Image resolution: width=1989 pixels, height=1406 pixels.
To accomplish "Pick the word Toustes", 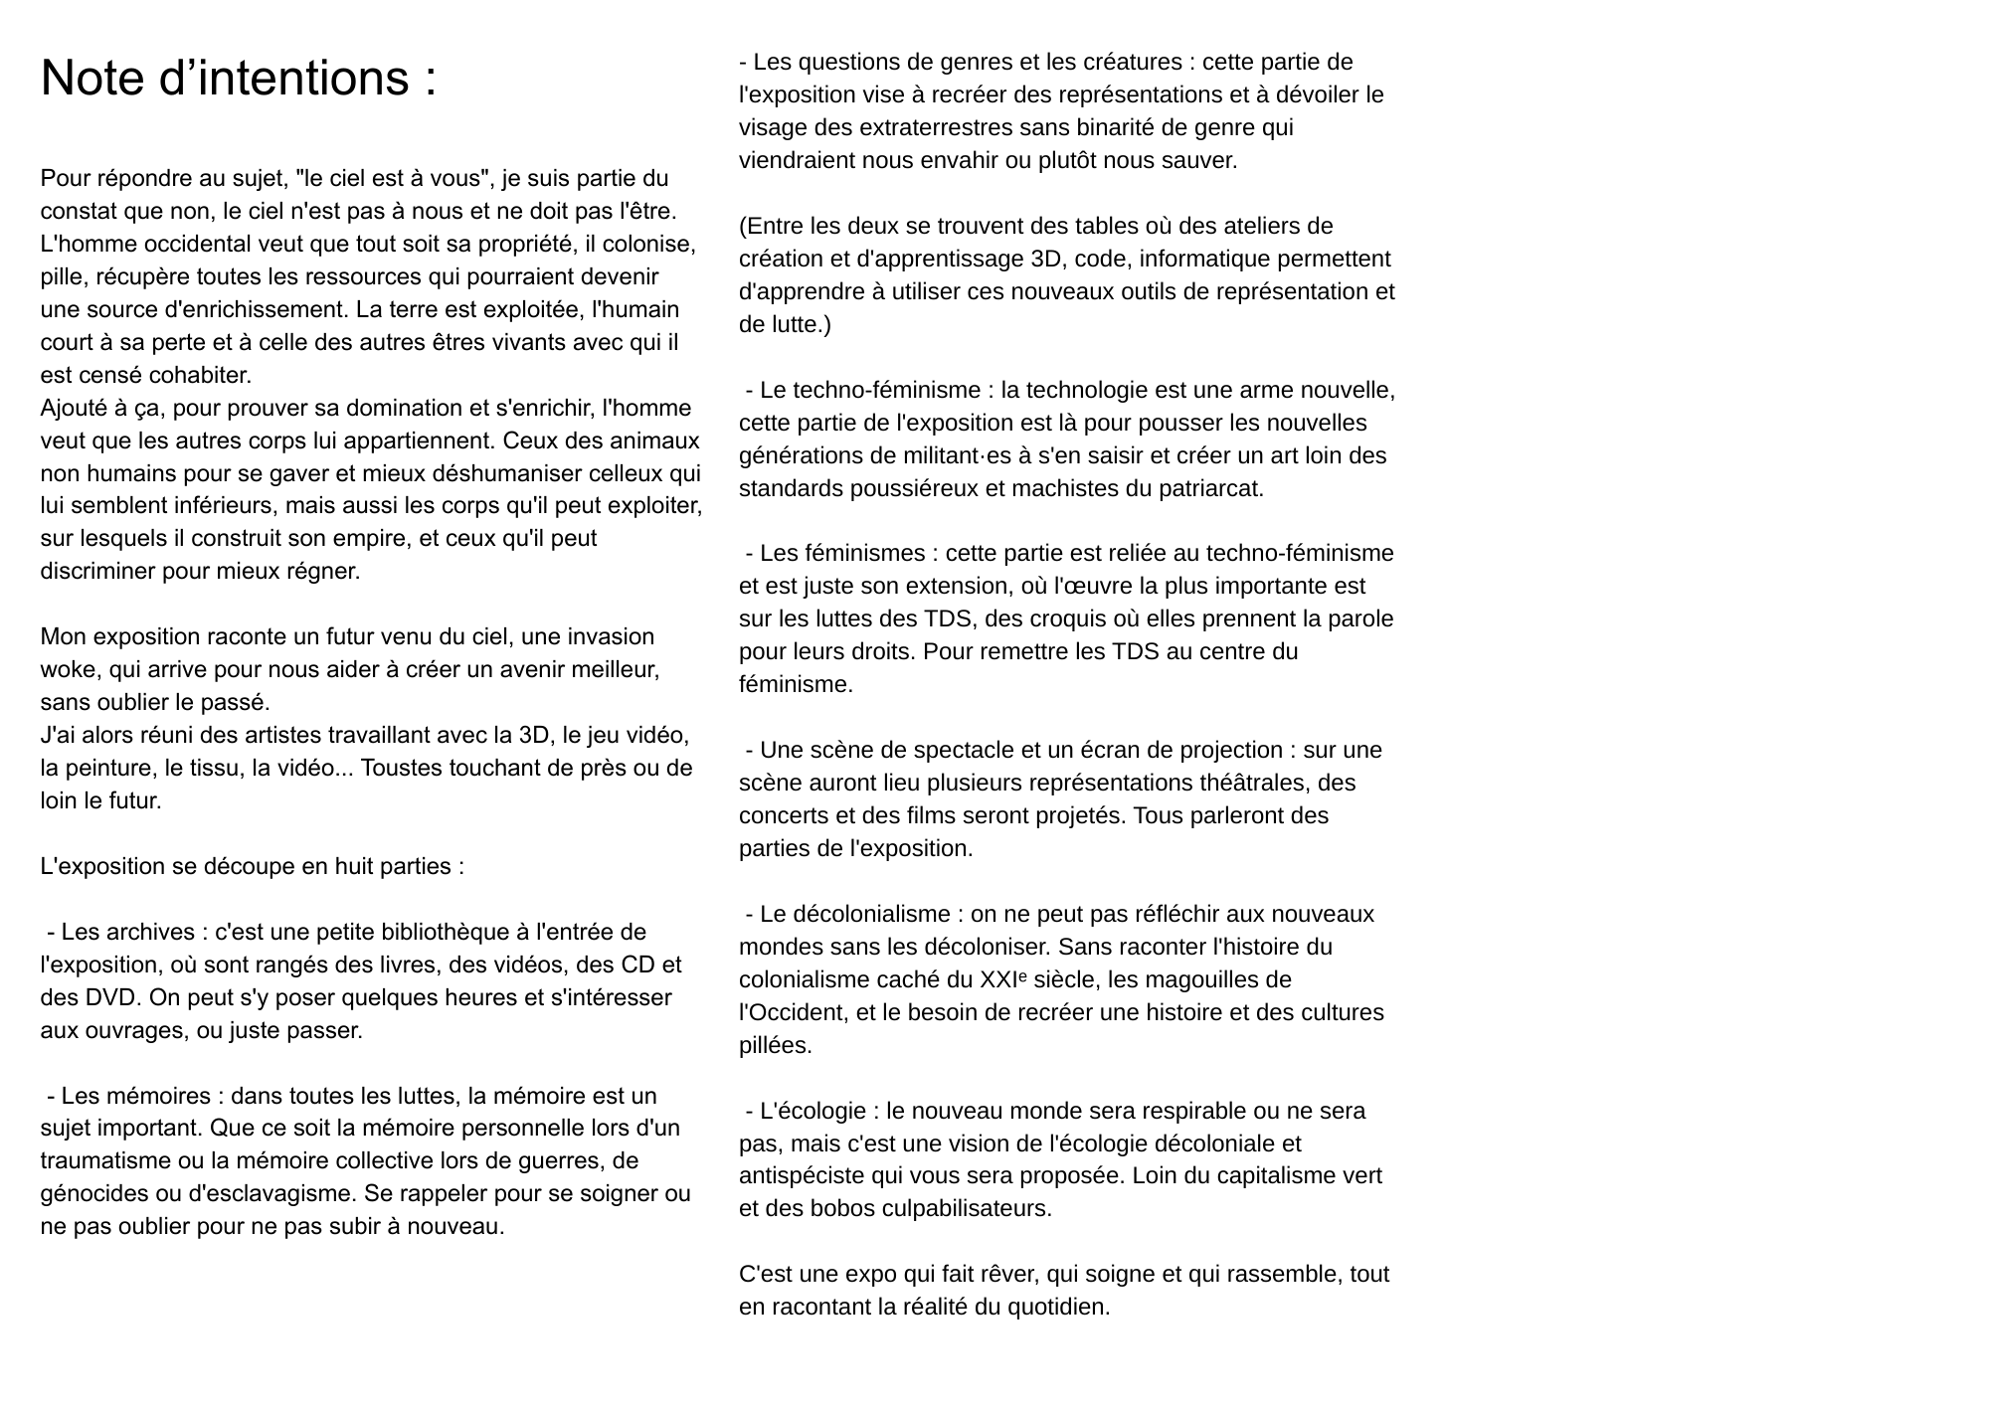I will pos(405,768).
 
